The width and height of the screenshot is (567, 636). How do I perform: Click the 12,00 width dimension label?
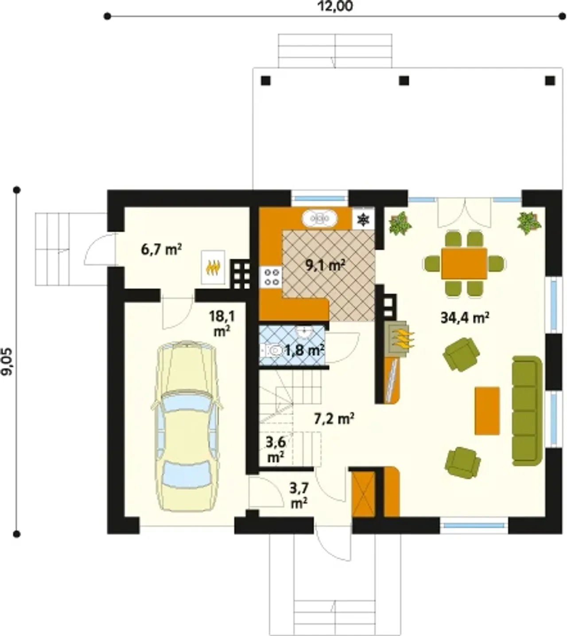[x=336, y=6]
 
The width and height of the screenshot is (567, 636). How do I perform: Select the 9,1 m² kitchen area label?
[x=326, y=265]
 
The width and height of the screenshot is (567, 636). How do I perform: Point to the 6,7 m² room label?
[x=162, y=250]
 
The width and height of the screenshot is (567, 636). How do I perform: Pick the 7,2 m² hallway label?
[x=334, y=418]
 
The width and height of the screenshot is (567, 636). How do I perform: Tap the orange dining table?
[x=464, y=263]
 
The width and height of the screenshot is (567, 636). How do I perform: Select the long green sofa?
[x=527, y=411]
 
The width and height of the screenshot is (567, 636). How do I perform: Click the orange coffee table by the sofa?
[x=487, y=411]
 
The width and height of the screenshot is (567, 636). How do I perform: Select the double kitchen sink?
[x=320, y=218]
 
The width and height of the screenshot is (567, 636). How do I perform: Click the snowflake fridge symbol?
[x=364, y=219]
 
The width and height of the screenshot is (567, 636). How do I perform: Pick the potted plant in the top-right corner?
[x=529, y=223]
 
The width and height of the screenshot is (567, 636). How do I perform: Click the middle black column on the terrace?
[x=404, y=81]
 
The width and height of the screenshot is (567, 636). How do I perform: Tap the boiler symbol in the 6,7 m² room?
[x=213, y=267]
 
